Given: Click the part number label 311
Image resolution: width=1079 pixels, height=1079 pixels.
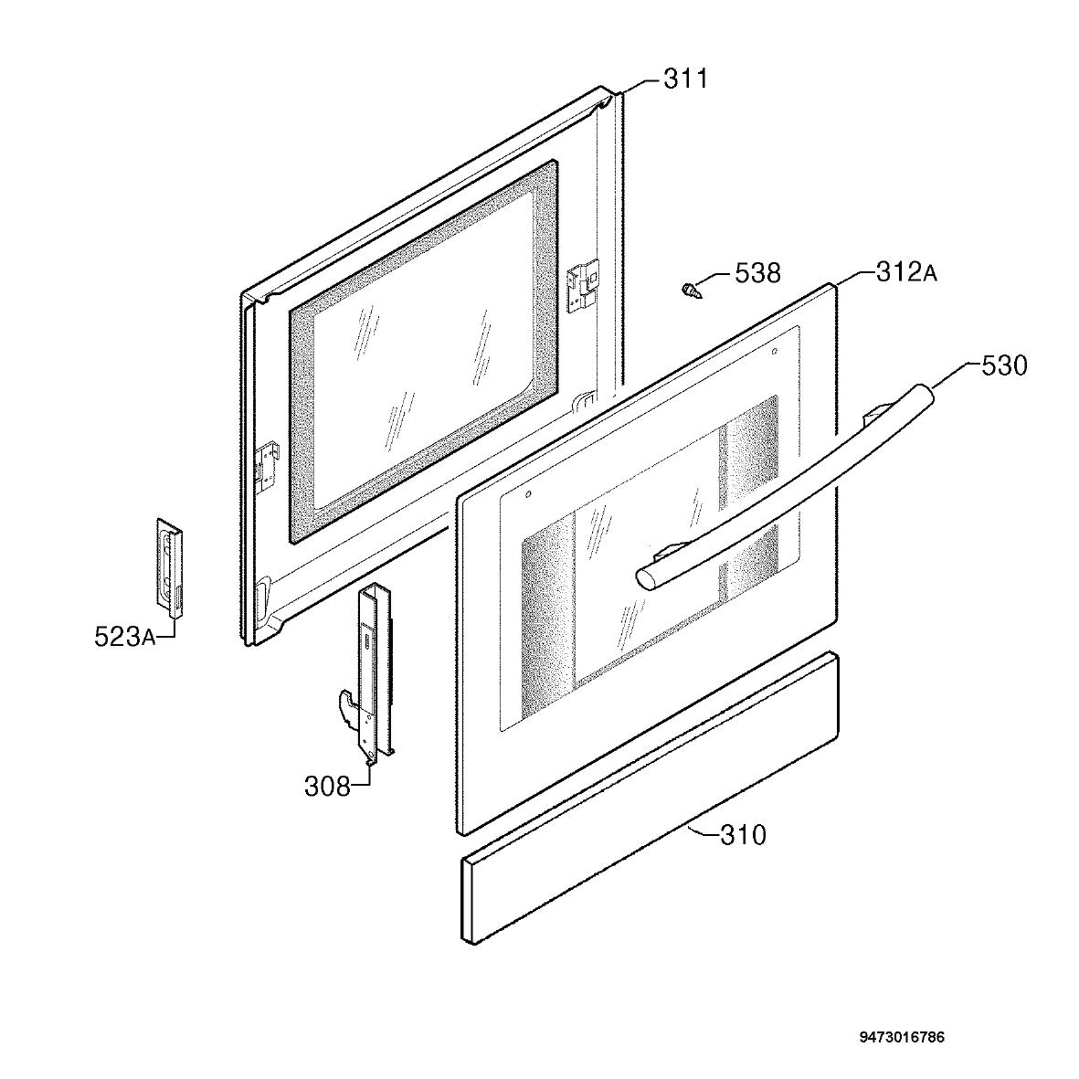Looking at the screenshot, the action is pyautogui.click(x=685, y=79).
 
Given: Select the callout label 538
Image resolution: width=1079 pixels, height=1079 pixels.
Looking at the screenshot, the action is pyautogui.click(x=757, y=273).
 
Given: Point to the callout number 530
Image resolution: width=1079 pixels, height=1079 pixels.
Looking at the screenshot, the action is pyautogui.click(x=1004, y=366).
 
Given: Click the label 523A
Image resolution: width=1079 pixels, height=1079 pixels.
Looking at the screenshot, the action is pyautogui.click(x=124, y=637).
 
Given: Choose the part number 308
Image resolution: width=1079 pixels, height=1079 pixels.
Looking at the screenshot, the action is pyautogui.click(x=328, y=786).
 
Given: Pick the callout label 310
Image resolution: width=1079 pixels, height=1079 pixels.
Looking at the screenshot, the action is pyautogui.click(x=743, y=835).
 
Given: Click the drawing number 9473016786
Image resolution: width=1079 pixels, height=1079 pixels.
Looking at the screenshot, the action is pyautogui.click(x=902, y=1018).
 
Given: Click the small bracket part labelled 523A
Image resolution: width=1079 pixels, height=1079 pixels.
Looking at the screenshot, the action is pyautogui.click(x=169, y=565).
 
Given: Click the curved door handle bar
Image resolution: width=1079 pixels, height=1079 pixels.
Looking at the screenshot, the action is pyautogui.click(x=785, y=488).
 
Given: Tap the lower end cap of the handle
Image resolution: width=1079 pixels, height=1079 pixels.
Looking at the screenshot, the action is pyautogui.click(x=645, y=577).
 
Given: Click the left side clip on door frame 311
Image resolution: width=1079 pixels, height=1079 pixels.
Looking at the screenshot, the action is pyautogui.click(x=268, y=467).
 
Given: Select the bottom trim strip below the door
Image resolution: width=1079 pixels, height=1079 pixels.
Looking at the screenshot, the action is pyautogui.click(x=650, y=799).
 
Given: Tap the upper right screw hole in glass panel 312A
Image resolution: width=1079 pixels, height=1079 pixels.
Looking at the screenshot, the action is pyautogui.click(x=774, y=351).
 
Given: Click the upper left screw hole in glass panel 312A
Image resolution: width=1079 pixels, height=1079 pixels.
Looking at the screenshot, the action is pyautogui.click(x=528, y=494).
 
